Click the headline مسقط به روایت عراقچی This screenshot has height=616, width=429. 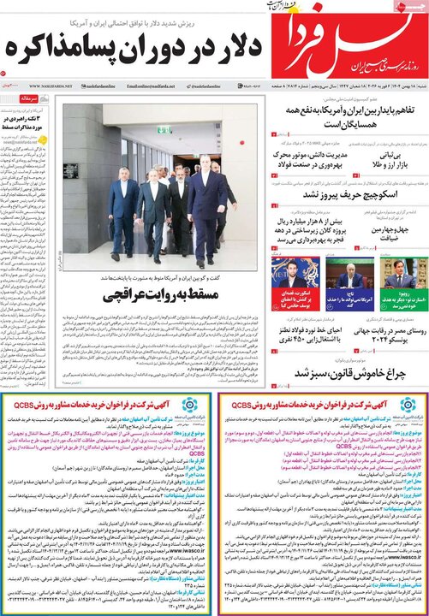(158, 297)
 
